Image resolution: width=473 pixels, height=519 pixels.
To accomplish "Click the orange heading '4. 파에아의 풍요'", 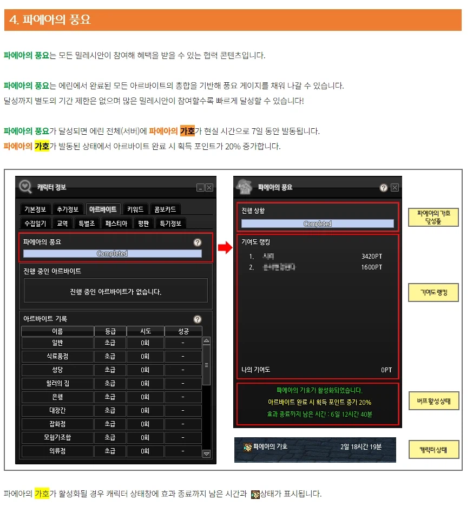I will click(50, 20).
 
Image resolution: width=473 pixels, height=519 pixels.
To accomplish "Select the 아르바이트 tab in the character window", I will click(103, 209).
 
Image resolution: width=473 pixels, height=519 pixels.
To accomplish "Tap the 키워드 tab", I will click(135, 209).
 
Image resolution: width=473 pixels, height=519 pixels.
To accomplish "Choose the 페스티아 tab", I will click(116, 223).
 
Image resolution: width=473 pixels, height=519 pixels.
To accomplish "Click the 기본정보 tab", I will click(36, 209).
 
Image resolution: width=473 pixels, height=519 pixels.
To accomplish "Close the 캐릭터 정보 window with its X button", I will click(209, 187).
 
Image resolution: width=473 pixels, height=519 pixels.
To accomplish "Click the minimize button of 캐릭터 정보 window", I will click(200, 187).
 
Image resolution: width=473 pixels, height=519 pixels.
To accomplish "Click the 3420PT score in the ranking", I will click(371, 256).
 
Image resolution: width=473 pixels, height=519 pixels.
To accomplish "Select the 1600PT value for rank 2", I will click(371, 267).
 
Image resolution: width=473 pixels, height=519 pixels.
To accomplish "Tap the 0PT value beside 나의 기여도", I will click(386, 370).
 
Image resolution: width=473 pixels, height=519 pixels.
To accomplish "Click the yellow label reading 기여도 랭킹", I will click(433, 293).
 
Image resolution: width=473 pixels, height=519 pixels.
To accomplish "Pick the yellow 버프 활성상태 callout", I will click(433, 402).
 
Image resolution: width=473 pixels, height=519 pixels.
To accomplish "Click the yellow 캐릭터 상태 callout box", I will click(433, 450).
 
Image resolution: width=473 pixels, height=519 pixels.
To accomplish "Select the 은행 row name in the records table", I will click(57, 397).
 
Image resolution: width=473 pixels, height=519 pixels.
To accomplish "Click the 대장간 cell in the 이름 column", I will click(57, 410).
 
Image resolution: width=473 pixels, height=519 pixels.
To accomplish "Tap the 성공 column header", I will click(183, 331).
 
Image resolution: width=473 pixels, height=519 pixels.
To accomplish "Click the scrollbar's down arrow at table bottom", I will click(206, 454).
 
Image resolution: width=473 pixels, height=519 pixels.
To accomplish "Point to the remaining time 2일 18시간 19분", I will click(361, 447).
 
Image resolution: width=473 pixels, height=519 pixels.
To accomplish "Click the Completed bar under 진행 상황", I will click(317, 224).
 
